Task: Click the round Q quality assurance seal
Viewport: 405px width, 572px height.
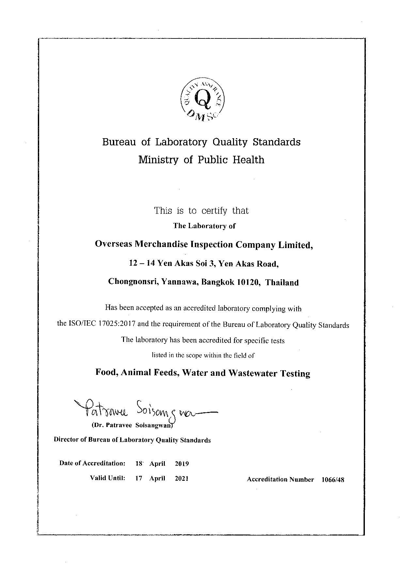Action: (203, 98)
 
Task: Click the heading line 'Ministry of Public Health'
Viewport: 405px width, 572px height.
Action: (201, 160)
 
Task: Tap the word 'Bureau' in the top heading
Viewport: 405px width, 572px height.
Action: (119, 142)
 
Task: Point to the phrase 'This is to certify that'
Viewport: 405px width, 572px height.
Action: (201, 211)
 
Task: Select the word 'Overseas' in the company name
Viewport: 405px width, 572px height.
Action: (113, 244)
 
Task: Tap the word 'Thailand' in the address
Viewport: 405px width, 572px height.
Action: (282, 282)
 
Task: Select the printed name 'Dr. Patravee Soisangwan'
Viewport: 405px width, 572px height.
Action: (132, 425)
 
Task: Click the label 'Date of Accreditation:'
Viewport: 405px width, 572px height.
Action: (92, 463)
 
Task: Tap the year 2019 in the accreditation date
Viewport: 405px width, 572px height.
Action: (182, 463)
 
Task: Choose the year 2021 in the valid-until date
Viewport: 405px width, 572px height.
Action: (182, 478)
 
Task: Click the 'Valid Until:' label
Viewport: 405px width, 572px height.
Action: (108, 478)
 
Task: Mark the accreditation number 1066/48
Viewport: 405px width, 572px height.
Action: (333, 479)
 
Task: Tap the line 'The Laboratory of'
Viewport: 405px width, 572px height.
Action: (204, 226)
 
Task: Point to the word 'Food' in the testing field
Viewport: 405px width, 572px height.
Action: (106, 372)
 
